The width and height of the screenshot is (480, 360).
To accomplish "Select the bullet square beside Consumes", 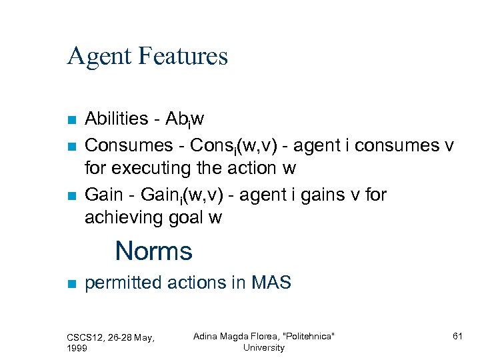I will tap(72, 145).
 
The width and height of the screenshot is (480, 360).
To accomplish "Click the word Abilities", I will tap(117, 119).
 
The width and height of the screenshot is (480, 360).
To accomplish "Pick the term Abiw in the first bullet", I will tap(181, 119).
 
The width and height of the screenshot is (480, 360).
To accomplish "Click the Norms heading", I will tap(153, 251).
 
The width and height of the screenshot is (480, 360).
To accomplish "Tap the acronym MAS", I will tap(271, 283).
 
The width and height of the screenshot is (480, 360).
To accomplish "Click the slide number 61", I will tap(457, 337).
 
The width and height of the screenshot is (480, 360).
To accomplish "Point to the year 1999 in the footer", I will tap(78, 348).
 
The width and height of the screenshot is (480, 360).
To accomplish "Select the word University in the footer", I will tap(263, 347).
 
